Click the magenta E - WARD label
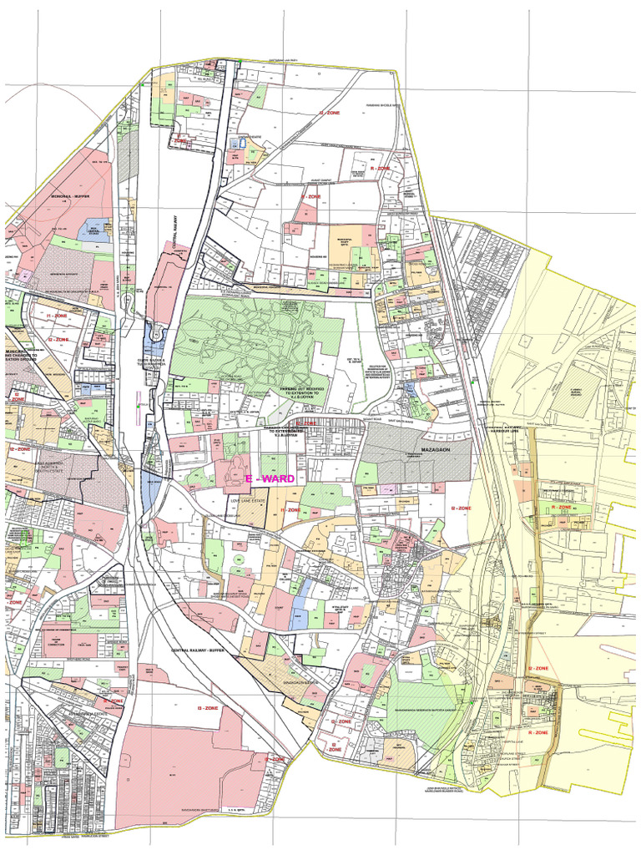click(x=269, y=478)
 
